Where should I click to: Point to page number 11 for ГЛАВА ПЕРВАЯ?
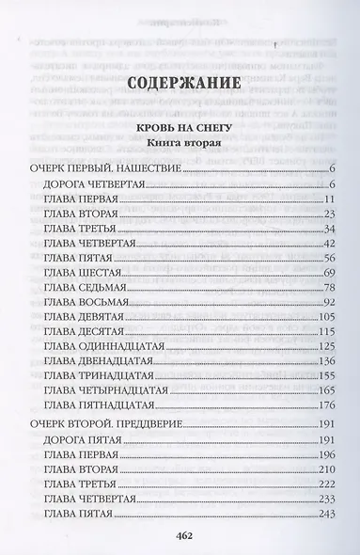330,199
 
